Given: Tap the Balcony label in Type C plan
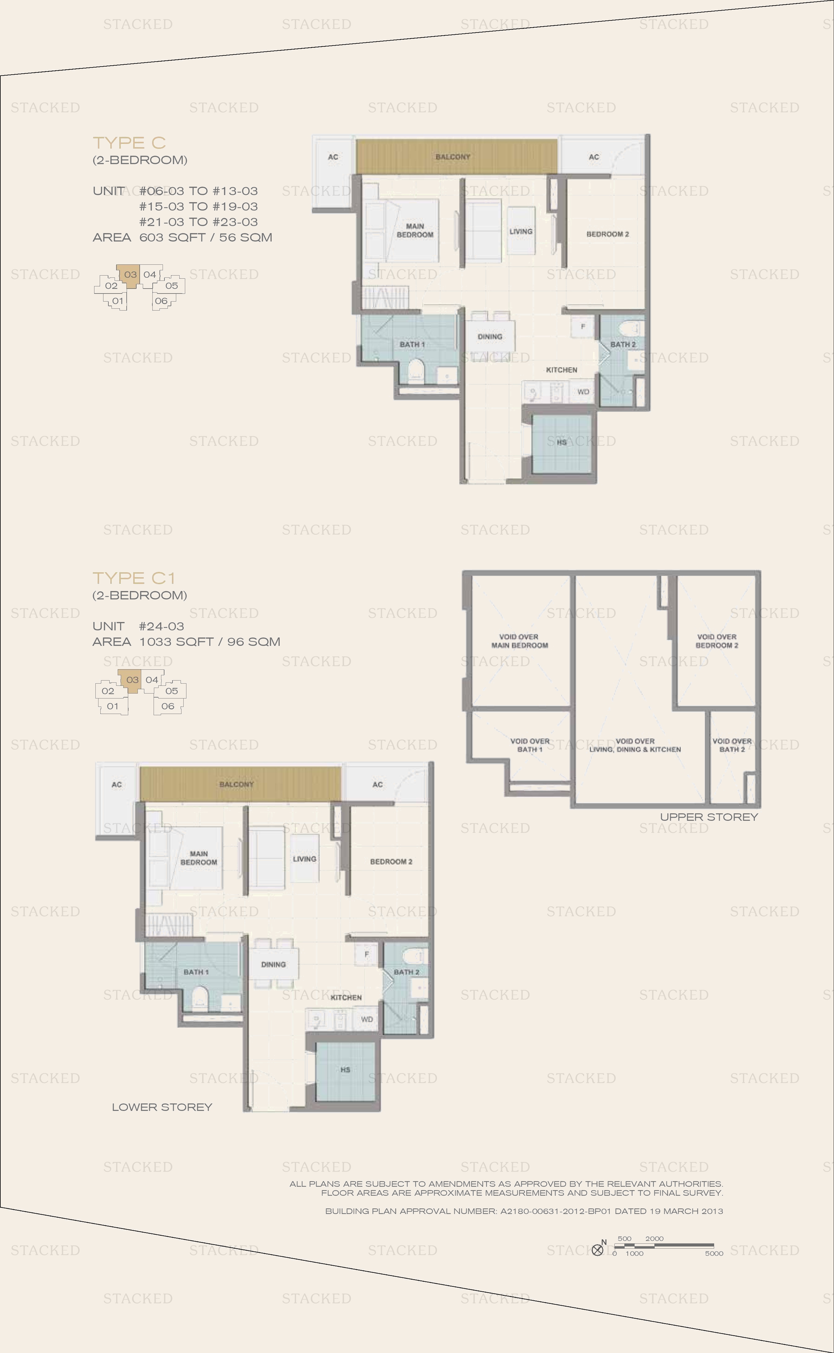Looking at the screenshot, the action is point(453,157).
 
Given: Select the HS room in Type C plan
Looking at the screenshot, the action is point(561,443).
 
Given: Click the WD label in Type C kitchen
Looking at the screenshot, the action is point(583,392).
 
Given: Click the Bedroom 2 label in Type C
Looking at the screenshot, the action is point(607,234).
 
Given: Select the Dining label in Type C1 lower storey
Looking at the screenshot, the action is point(273,964).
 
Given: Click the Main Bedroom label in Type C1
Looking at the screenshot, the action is point(199,858).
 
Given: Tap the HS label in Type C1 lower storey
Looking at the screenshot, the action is point(345,1070).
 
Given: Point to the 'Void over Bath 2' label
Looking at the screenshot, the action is point(732,746).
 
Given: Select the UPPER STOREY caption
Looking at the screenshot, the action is point(709,817).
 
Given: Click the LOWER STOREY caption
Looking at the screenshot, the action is point(162,1107).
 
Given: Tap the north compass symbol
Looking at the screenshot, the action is point(597,1250).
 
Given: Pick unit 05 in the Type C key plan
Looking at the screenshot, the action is point(172,285).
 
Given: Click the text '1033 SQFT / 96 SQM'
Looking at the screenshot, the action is point(210,642).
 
